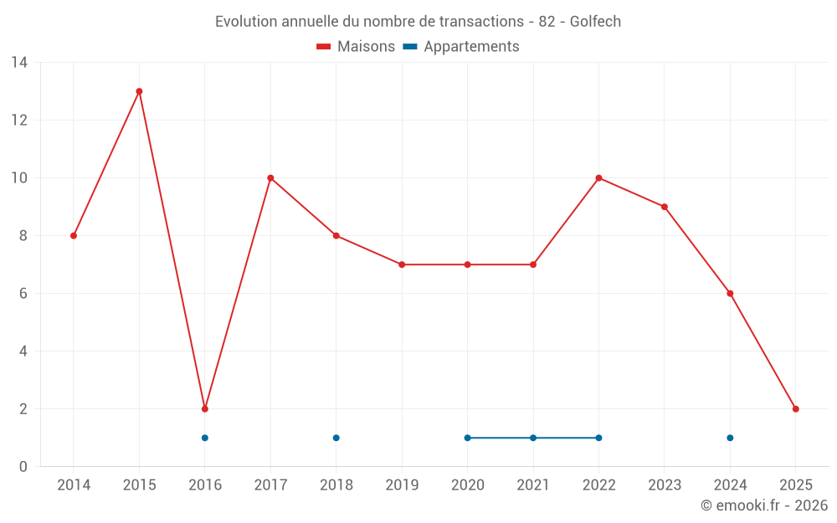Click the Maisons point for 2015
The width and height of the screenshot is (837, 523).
(139, 91)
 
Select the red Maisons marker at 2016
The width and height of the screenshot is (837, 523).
(205, 409)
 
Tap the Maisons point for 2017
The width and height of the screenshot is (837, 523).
(270, 178)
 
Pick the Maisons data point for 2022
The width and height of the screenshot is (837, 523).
(598, 178)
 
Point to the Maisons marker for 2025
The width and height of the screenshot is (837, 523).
(796, 409)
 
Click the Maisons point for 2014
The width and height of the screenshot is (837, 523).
(74, 236)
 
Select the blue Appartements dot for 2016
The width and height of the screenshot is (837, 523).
(205, 438)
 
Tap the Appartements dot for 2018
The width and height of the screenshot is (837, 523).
(336, 438)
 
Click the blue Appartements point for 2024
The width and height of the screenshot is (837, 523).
(730, 438)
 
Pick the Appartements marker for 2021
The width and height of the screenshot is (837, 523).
(533, 438)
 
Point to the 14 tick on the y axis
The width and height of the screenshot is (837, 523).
(19, 63)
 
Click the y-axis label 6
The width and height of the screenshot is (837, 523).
(23, 294)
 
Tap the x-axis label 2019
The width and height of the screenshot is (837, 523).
(402, 485)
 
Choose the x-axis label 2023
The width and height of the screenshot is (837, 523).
(665, 485)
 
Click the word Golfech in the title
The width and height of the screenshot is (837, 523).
(595, 22)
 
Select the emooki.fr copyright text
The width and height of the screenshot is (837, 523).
(763, 505)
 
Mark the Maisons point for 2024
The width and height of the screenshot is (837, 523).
(730, 294)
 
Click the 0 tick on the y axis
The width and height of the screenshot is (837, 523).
(23, 467)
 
